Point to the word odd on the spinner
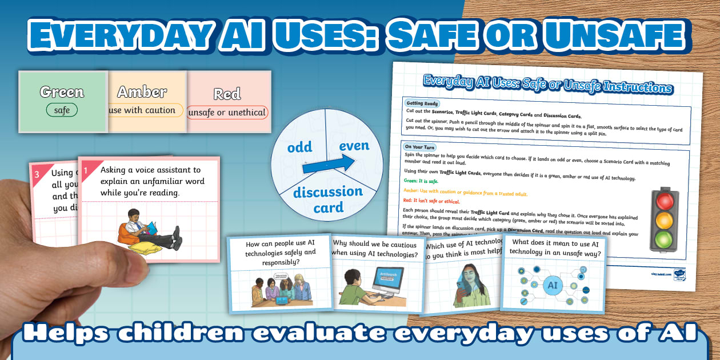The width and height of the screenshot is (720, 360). [299, 147]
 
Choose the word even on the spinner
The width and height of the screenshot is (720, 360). [354, 146]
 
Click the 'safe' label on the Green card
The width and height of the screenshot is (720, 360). [62, 110]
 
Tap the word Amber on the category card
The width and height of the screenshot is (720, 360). [142, 91]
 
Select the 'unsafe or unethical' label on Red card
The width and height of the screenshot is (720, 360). [227, 113]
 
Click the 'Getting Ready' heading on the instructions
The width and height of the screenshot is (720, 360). [423, 103]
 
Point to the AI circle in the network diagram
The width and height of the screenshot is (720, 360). [553, 285]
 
